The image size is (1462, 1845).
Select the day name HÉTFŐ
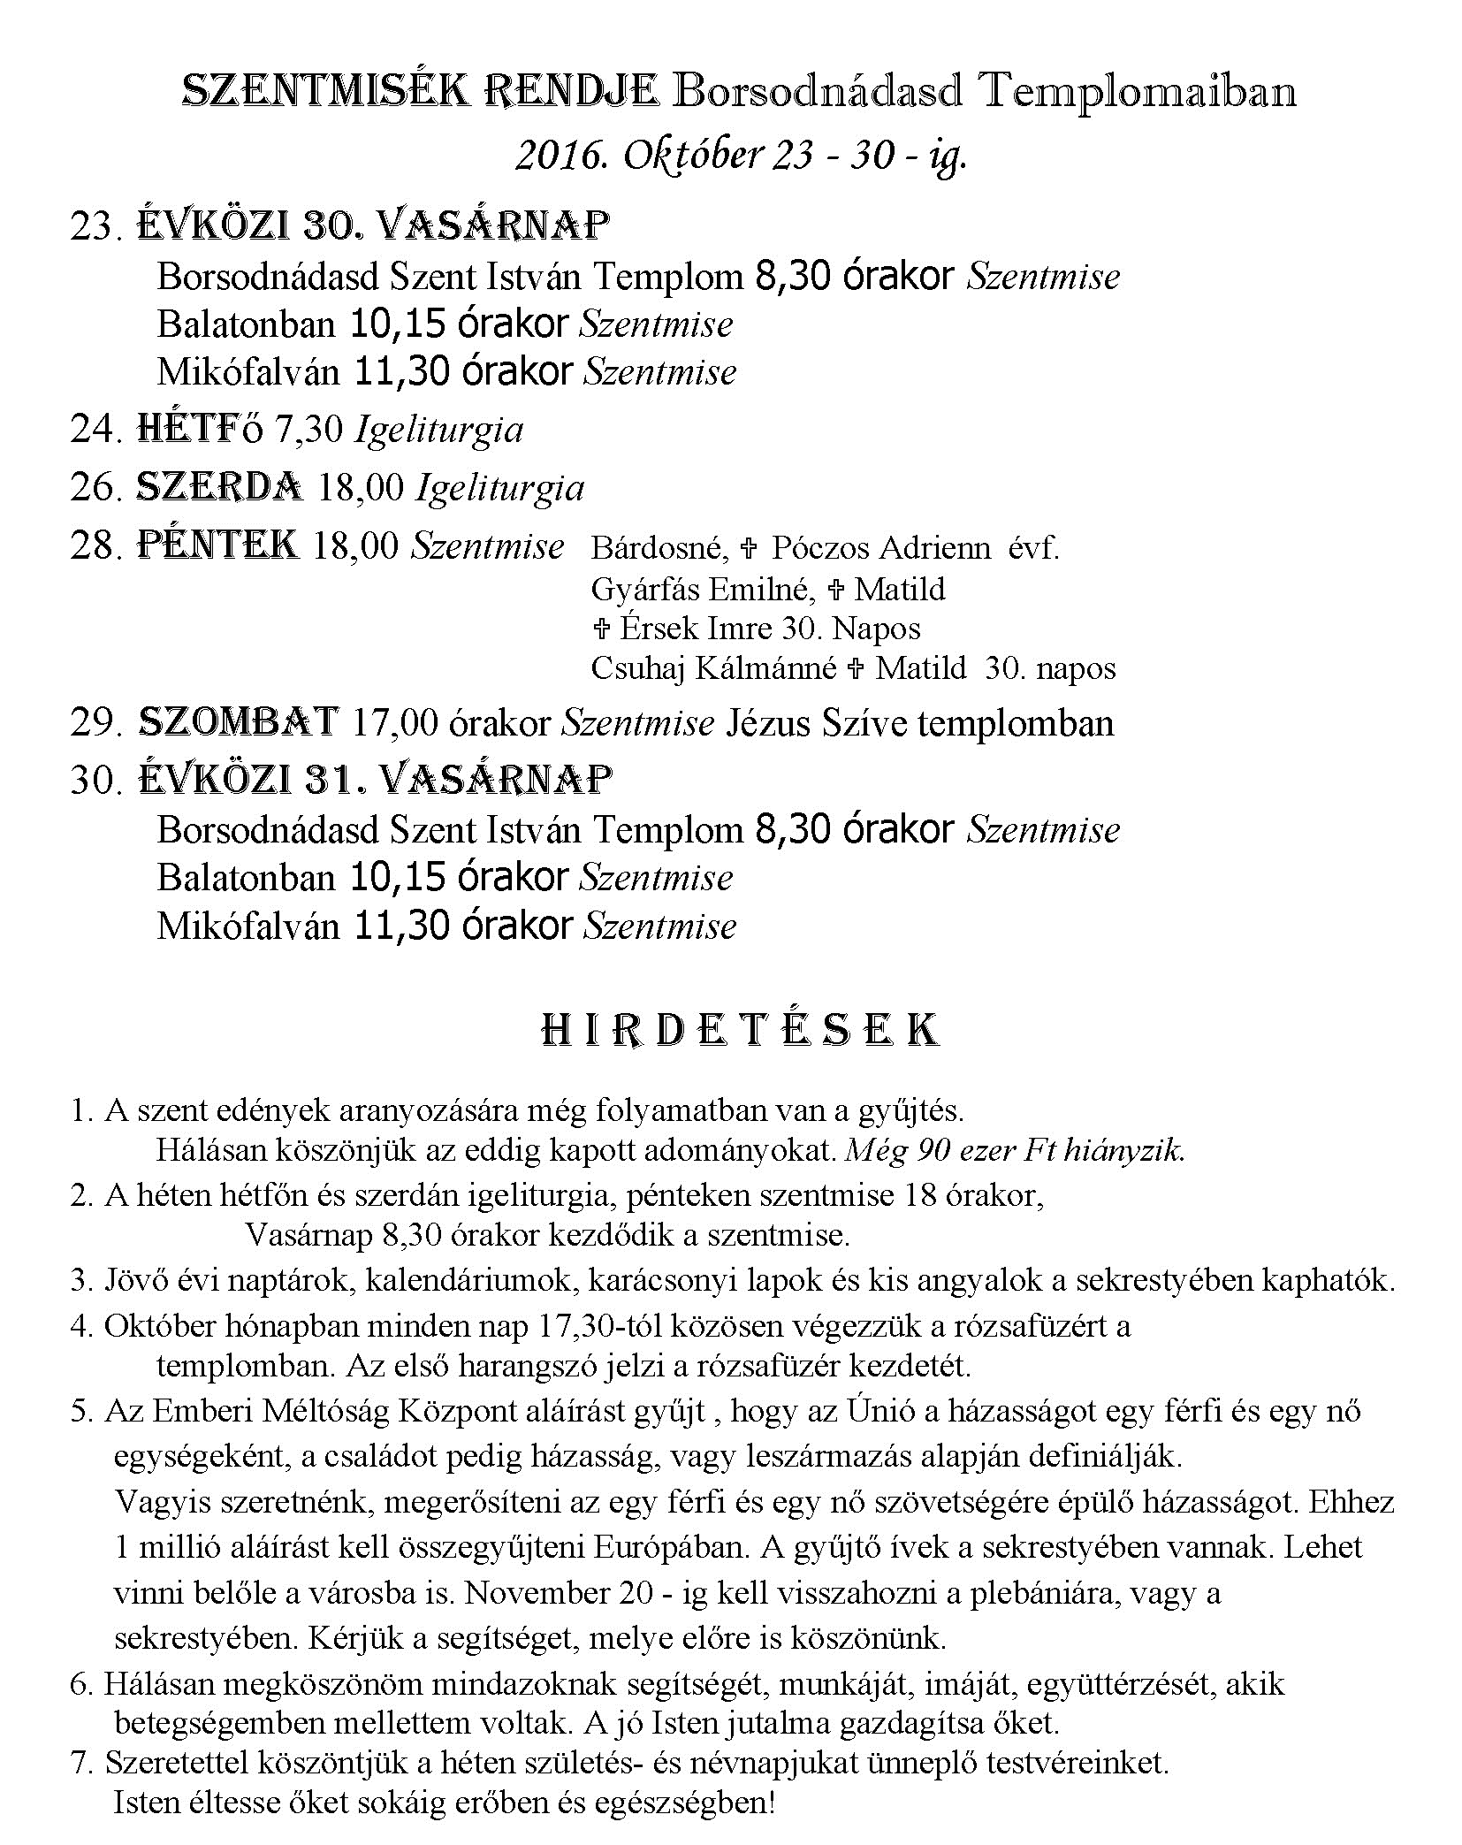201,430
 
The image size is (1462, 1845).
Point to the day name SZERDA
220,487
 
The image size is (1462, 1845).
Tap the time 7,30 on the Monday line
308,430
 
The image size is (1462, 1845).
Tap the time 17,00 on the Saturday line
394,723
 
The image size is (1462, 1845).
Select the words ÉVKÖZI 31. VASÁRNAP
376,780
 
